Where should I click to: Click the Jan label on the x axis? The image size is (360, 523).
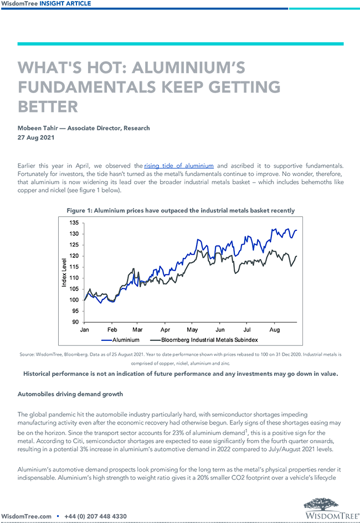pyautogui.click(x=85, y=329)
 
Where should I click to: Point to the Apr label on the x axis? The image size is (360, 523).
pyautogui.click(x=164, y=329)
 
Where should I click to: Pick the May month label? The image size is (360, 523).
pyautogui.click(x=192, y=329)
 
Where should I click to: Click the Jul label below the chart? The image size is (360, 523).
pyautogui.click(x=246, y=329)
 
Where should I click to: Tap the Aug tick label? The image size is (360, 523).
pyautogui.click(x=274, y=329)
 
